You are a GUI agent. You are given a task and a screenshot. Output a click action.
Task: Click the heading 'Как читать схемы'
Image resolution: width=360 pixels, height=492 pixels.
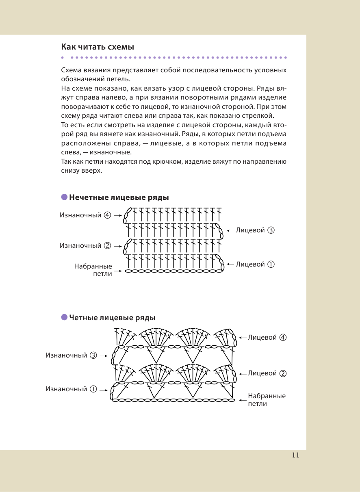click(x=98, y=47)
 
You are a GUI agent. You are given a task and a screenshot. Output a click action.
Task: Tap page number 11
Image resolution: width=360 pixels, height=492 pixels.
click(x=295, y=455)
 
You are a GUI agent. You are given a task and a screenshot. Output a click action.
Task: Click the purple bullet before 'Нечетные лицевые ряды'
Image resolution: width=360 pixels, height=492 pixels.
click(x=64, y=197)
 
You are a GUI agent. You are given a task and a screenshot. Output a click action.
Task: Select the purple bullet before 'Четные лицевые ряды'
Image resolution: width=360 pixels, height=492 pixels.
click(x=64, y=317)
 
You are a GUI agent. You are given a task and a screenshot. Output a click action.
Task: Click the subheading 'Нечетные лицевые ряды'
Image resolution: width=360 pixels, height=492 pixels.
click(x=119, y=198)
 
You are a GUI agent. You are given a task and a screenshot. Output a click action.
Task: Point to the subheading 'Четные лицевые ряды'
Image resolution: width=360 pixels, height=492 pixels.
click(x=112, y=318)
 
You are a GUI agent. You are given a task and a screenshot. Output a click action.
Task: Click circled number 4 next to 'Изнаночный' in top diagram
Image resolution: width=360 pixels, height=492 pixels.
click(x=107, y=215)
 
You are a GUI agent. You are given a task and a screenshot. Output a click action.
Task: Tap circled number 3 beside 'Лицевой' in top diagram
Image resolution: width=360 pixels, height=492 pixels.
click(x=271, y=230)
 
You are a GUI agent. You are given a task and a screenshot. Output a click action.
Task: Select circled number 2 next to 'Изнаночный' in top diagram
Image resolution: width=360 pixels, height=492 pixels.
click(x=107, y=245)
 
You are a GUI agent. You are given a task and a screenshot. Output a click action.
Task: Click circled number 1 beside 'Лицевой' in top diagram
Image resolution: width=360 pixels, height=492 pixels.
click(x=271, y=264)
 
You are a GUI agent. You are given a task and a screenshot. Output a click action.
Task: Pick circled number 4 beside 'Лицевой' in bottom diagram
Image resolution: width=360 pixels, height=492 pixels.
click(x=283, y=338)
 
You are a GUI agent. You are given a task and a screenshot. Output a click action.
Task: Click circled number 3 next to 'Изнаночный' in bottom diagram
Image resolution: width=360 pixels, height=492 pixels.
click(x=93, y=355)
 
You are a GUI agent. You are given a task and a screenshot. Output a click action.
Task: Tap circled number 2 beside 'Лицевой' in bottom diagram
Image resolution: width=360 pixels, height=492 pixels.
click(x=283, y=373)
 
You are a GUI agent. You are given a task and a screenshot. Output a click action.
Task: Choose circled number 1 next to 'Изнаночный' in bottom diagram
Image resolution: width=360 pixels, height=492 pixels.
click(x=93, y=389)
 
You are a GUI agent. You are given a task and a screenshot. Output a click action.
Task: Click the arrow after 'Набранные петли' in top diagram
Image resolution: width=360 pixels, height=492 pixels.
click(x=119, y=271)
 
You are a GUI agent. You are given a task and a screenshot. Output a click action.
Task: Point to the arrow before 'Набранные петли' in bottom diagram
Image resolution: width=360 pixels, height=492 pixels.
click(x=242, y=400)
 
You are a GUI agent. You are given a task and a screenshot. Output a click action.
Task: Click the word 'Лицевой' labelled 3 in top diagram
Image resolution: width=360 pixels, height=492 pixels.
click(x=250, y=230)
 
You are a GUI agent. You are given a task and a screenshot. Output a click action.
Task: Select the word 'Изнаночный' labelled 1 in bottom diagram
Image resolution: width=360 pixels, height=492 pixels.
click(x=66, y=389)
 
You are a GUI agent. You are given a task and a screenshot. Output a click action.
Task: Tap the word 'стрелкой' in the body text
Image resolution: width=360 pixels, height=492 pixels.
click(x=261, y=116)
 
